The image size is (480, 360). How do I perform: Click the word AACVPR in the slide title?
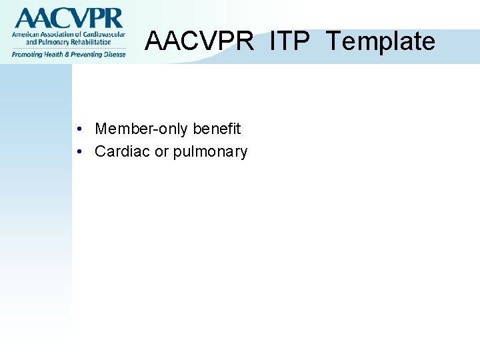point(199,41)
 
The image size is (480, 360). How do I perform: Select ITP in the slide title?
point(290,41)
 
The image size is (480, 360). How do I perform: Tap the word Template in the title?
point(380,41)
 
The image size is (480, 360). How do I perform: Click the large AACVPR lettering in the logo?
point(68,18)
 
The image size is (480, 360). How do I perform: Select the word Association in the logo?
point(62,34)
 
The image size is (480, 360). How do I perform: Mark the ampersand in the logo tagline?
point(68,54)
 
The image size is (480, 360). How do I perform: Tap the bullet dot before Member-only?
point(79,129)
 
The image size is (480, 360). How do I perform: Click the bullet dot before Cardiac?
point(79,152)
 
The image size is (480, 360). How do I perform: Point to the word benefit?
point(217,129)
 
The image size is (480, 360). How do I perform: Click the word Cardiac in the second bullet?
point(123,152)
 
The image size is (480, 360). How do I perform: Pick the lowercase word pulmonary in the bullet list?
point(210,153)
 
